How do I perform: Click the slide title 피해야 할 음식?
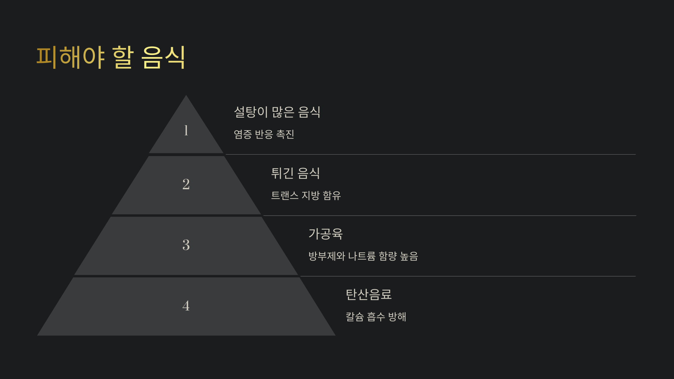[111, 57]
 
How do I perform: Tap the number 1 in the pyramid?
[186, 130]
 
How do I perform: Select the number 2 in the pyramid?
[186, 184]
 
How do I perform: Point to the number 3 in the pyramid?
[186, 245]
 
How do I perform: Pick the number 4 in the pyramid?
[186, 305]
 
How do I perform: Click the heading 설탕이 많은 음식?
[277, 112]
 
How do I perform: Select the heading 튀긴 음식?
[295, 173]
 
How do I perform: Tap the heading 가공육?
[325, 234]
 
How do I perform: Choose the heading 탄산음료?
[368, 294]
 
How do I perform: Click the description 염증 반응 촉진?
[264, 134]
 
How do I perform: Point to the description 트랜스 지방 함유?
[306, 195]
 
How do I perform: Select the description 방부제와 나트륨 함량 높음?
[363, 256]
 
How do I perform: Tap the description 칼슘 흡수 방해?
[376, 317]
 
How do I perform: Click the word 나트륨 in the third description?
[362, 256]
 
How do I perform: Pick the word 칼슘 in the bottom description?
[355, 317]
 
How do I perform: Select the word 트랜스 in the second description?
[285, 195]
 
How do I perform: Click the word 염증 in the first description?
[243, 134]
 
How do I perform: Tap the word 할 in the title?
[123, 57]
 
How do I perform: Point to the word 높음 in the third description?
[409, 256]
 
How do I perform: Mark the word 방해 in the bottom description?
[397, 317]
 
